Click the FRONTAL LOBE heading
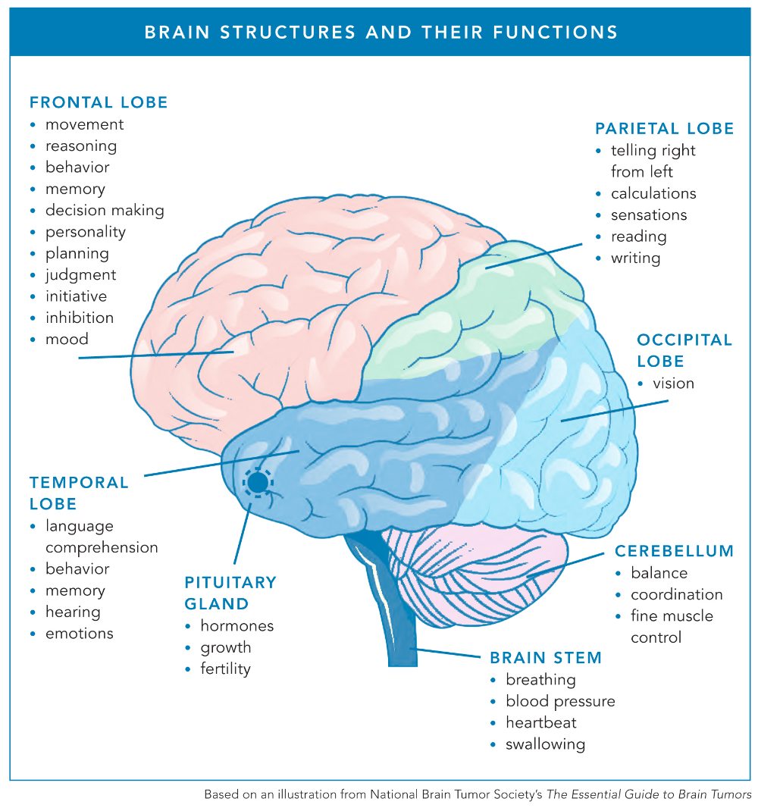(99, 102)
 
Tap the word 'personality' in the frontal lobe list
(85, 232)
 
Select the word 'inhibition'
(79, 318)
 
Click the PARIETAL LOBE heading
(664, 129)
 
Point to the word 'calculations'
(653, 193)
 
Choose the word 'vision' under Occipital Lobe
(673, 384)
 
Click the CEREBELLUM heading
(674, 551)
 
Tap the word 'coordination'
(676, 594)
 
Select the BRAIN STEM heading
(546, 658)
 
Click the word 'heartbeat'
(541, 722)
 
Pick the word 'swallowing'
(545, 744)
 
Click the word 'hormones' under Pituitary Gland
(236, 626)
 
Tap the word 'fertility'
(225, 669)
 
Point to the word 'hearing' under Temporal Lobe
(73, 612)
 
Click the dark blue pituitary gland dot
(258, 481)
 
